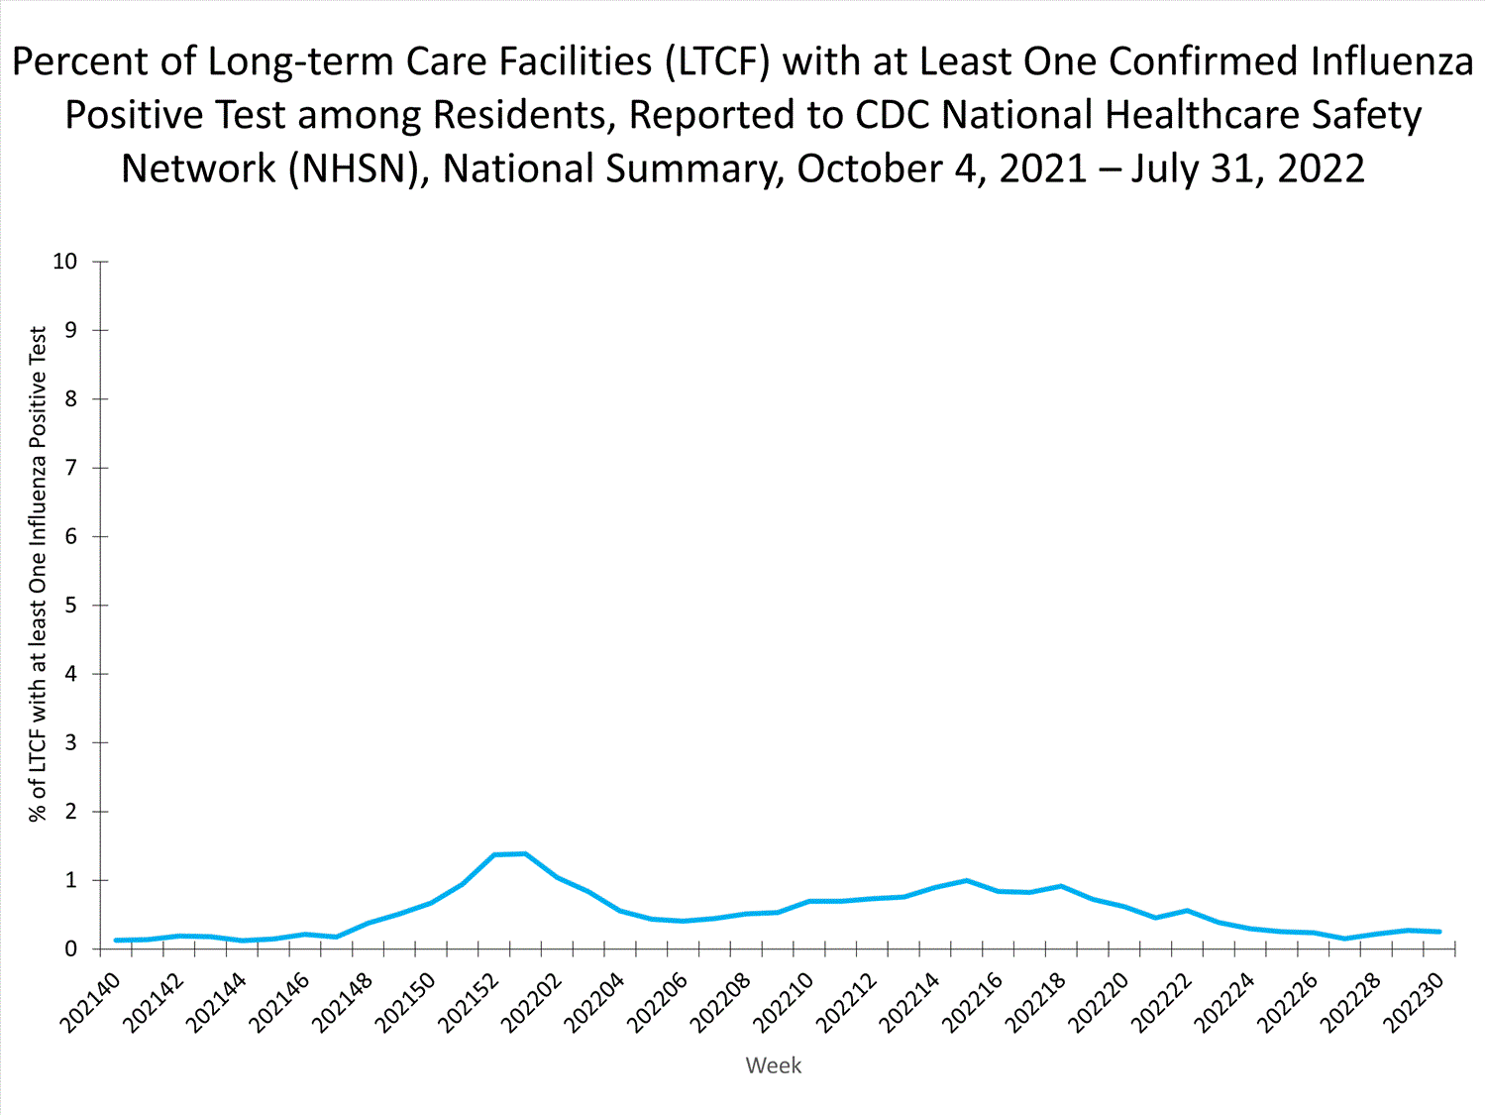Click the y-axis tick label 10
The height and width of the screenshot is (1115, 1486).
point(64,262)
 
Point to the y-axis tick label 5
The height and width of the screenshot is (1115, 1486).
point(70,605)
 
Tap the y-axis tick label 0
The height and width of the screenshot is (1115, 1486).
point(70,949)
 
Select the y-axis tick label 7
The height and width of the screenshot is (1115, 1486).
point(70,468)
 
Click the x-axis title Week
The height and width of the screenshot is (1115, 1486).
point(773,1065)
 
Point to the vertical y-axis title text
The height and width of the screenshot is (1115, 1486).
point(38,575)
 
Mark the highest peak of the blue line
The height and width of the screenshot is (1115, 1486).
point(524,853)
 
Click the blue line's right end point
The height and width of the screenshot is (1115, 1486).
point(1439,932)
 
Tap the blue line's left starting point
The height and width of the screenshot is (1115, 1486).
point(116,940)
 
